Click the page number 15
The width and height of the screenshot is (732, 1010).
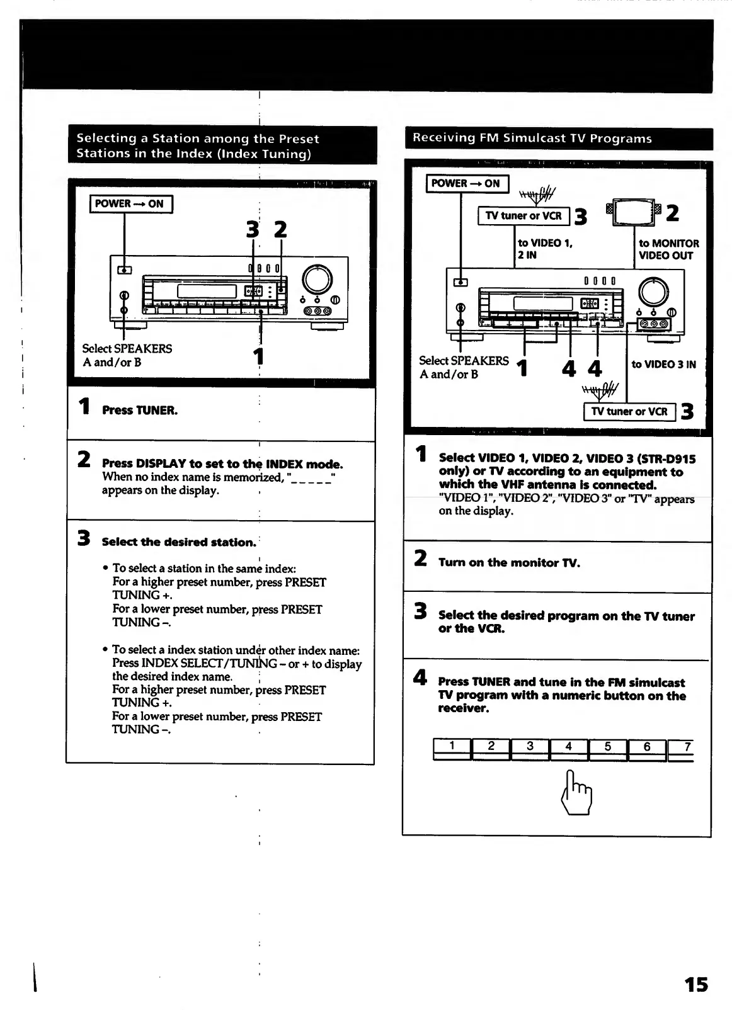pos(696,984)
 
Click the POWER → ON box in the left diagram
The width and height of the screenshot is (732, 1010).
pos(130,204)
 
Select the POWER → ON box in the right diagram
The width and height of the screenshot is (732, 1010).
pos(467,183)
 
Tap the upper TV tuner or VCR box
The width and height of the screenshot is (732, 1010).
pos(523,216)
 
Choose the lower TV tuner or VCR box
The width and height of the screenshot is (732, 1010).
pos(629,412)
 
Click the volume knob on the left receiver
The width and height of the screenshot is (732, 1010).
pos(317,280)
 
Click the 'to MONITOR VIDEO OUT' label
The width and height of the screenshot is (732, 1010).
pos(668,249)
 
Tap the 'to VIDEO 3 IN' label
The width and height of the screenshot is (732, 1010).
pos(663,365)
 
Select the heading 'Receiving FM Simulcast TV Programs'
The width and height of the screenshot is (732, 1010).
pos(532,139)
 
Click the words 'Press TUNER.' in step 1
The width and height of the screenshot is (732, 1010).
pos(140,411)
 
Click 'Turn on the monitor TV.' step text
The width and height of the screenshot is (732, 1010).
pos(509,563)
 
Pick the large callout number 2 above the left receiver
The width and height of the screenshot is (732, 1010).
pos(280,229)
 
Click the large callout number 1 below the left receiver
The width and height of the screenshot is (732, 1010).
pos(258,356)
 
